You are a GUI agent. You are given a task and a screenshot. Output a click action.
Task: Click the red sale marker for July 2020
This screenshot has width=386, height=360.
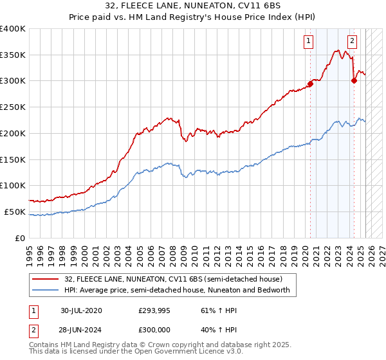(310, 83)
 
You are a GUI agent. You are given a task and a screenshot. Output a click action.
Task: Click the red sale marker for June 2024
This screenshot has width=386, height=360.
(354, 80)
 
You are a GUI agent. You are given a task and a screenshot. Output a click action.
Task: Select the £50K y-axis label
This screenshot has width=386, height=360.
(15, 212)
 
